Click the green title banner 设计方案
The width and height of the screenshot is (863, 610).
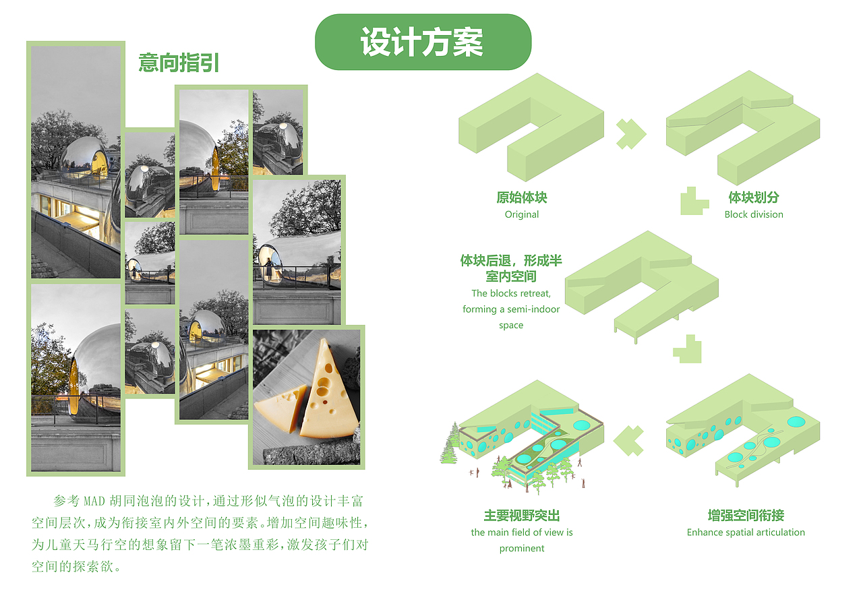(423, 42)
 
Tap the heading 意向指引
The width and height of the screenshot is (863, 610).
(179, 63)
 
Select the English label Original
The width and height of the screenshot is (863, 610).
(522, 214)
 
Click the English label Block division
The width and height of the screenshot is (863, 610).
(754, 214)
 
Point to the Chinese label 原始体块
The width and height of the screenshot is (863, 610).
(522, 197)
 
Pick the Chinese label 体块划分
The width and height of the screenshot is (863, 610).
(754, 197)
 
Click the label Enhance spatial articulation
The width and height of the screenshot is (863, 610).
(746, 532)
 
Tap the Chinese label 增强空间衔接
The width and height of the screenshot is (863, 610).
(746, 515)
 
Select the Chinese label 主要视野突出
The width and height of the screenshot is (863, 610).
(522, 515)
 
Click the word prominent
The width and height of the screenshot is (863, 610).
(522, 549)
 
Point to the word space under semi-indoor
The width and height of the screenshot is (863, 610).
(511, 326)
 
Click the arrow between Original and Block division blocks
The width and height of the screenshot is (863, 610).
(631, 134)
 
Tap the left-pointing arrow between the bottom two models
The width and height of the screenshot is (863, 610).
(628, 441)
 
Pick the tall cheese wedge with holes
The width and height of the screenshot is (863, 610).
(328, 390)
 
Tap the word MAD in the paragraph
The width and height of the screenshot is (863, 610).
(94, 501)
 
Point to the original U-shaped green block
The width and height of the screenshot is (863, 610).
(531, 127)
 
